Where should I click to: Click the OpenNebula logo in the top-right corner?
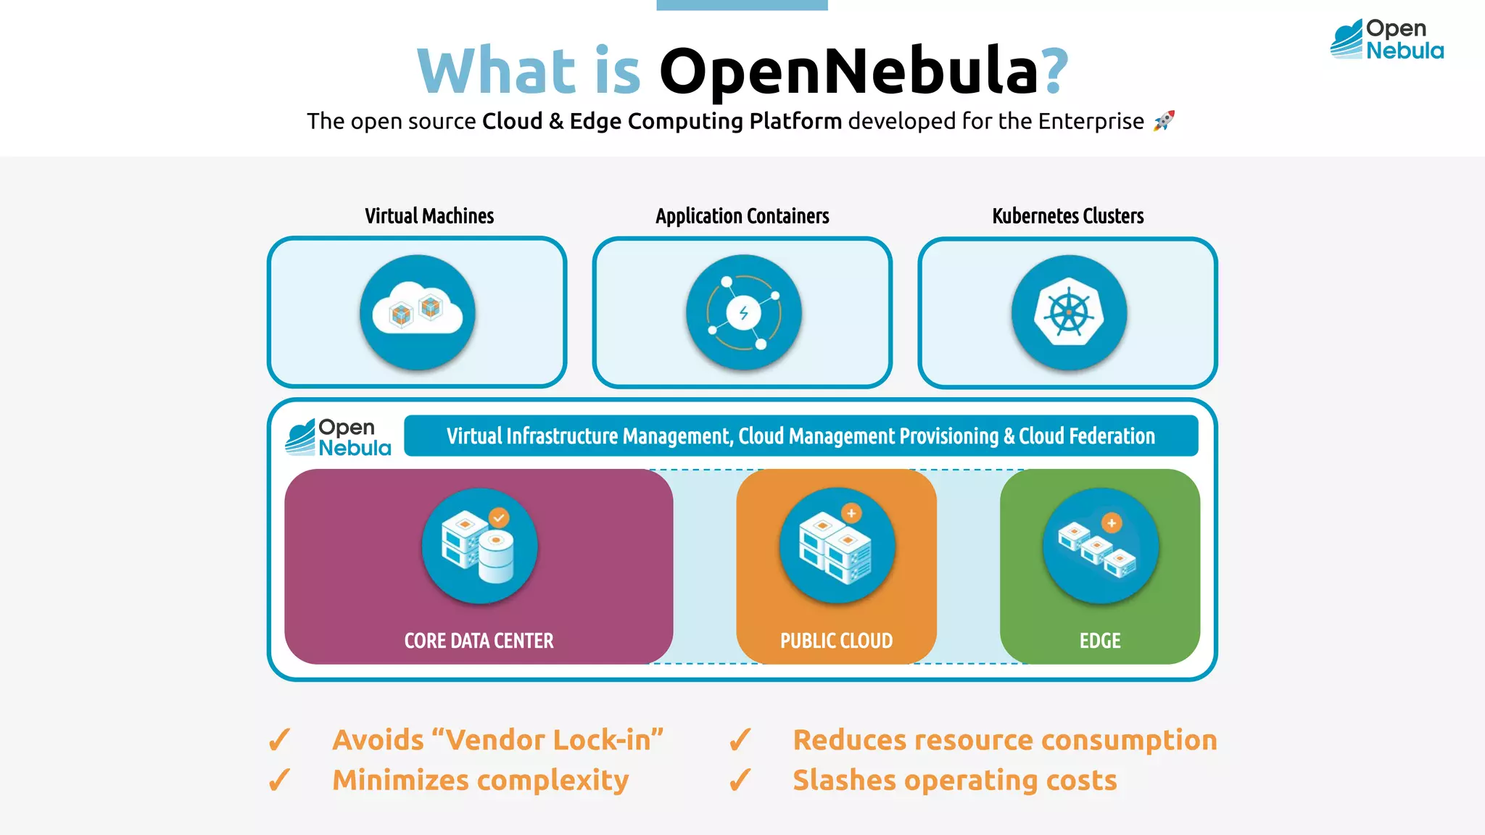[x=1386, y=39]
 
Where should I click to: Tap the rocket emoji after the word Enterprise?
[x=1164, y=120]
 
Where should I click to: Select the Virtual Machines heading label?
[x=429, y=216]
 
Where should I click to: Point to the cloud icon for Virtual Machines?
[x=418, y=312]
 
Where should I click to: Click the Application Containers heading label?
[x=742, y=216]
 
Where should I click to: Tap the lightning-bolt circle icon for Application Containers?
[x=743, y=312]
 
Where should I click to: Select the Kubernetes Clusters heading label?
[x=1067, y=216]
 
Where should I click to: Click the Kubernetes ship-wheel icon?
[x=1069, y=312]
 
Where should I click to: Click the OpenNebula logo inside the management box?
[x=339, y=437]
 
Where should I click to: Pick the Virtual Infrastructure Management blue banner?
[x=801, y=436]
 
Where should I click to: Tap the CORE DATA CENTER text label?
[x=479, y=641]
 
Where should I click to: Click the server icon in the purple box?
[x=479, y=546]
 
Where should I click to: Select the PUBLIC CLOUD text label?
[x=836, y=641]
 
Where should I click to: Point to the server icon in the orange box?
[x=837, y=546]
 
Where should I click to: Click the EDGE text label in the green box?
[x=1099, y=641]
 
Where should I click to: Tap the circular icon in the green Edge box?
[x=1100, y=546]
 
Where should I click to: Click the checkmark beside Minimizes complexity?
[x=279, y=780]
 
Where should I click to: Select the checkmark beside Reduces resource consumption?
[x=740, y=740]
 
